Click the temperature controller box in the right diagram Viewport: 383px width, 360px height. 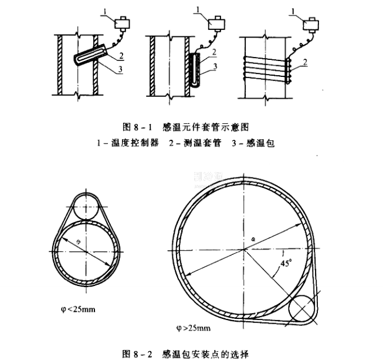click(x=311, y=23)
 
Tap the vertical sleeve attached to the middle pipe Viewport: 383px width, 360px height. click(x=195, y=67)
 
